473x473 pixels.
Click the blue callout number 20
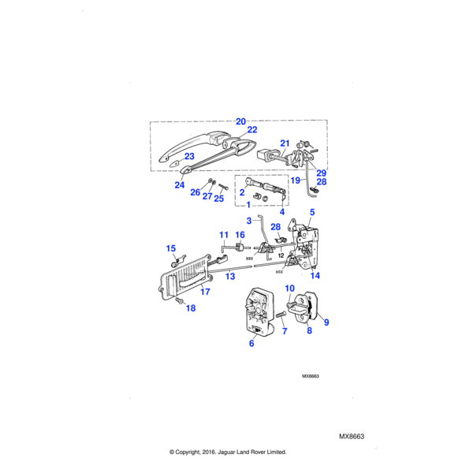click(x=240, y=121)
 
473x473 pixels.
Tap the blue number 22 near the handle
click(x=251, y=130)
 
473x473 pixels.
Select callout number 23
click(x=189, y=157)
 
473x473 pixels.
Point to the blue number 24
click(x=180, y=186)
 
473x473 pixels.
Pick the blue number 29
click(x=321, y=173)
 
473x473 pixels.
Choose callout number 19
click(x=295, y=181)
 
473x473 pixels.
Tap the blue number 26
click(x=196, y=192)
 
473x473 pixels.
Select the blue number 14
click(x=315, y=275)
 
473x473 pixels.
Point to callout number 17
click(x=205, y=292)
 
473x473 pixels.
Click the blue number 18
click(x=190, y=308)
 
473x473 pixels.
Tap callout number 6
click(x=251, y=344)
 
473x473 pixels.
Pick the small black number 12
click(x=281, y=256)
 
